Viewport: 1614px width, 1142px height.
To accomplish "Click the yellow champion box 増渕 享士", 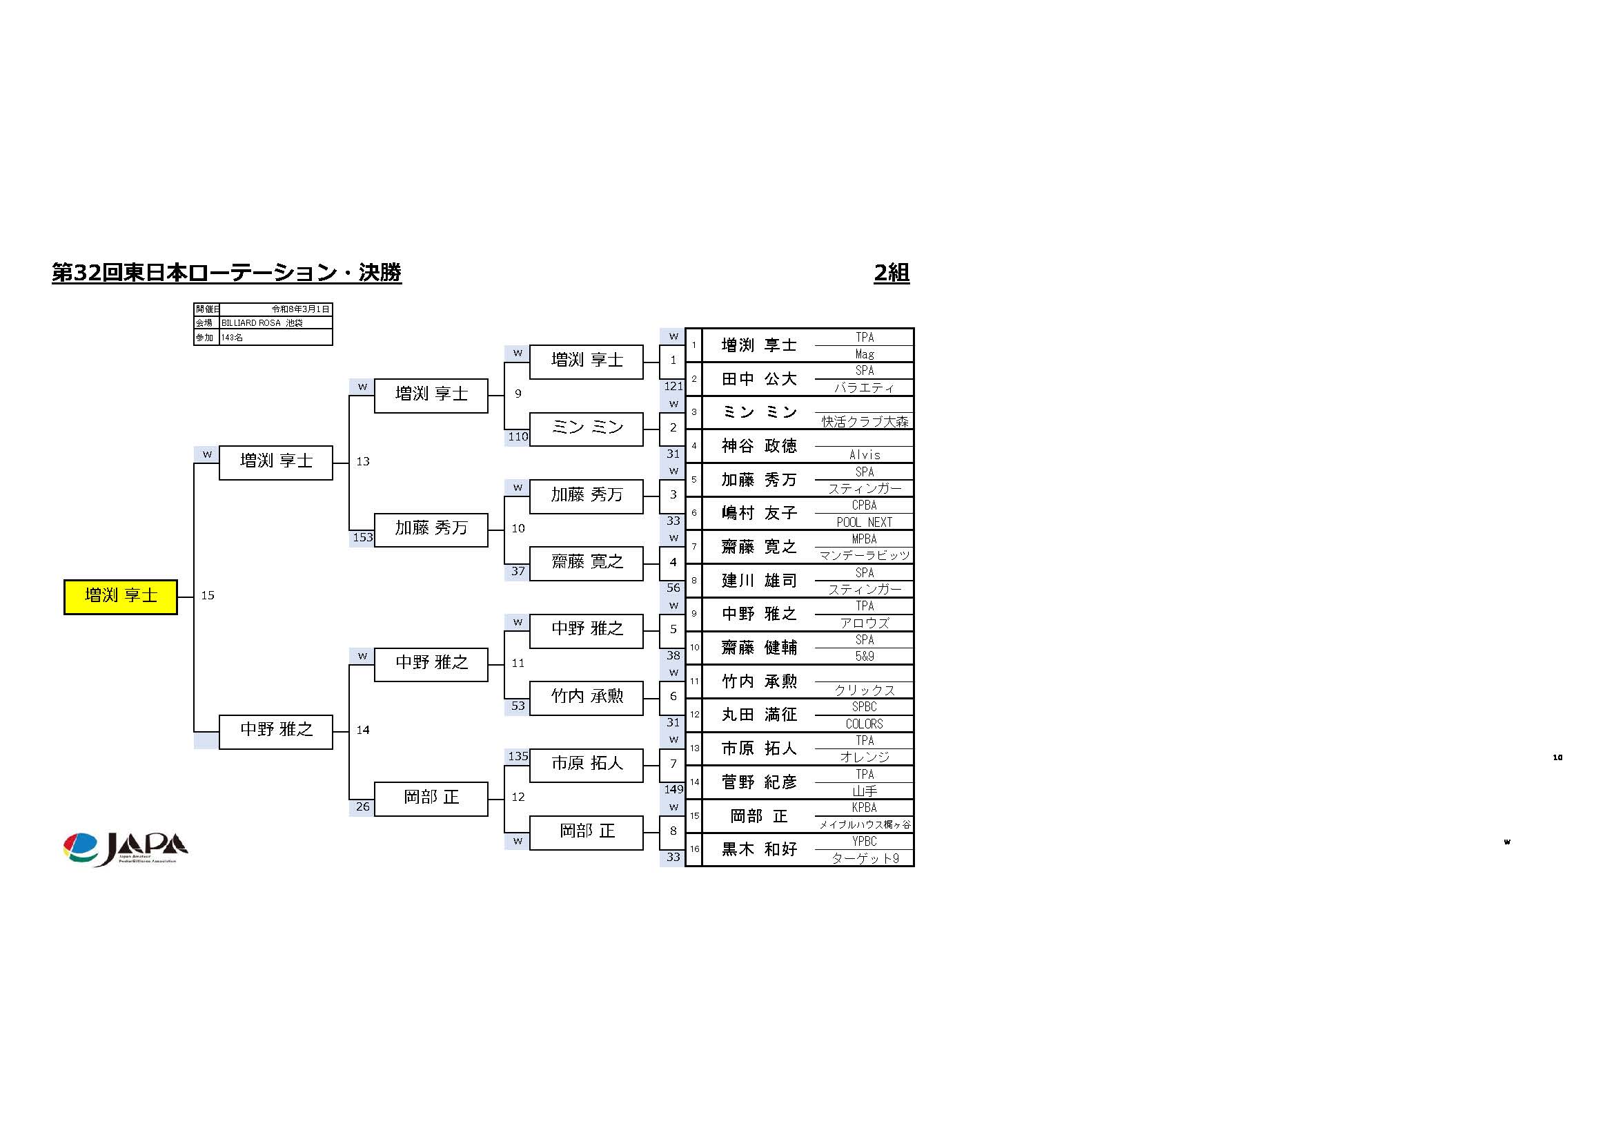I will point(120,597).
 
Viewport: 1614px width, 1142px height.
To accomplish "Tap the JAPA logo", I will point(125,849).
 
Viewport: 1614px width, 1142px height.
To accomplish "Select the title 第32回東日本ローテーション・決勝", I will point(226,273).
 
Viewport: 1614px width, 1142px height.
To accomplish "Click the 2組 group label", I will point(892,273).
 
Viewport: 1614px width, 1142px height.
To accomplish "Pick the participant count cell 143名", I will point(275,338).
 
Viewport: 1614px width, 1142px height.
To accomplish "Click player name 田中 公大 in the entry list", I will point(758,379).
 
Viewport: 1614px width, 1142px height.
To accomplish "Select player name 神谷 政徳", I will point(758,446).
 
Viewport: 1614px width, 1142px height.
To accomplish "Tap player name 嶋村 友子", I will point(758,513).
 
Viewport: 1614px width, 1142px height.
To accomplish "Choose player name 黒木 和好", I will point(758,849).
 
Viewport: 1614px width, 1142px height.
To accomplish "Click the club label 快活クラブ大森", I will point(865,421).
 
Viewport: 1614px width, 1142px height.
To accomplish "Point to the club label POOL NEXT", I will point(864,523).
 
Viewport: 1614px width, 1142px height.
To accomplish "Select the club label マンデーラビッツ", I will point(864,556).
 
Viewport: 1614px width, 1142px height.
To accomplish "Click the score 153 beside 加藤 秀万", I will point(362,537).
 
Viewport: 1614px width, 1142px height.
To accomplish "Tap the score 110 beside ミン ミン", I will point(518,436).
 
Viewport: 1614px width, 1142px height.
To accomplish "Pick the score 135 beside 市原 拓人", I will point(518,757).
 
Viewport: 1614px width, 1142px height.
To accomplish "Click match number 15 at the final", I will point(208,596).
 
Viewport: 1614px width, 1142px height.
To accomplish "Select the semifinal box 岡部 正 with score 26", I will point(430,797).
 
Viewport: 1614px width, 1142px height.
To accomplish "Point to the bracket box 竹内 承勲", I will point(587,697).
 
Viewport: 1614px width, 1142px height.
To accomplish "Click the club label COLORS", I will point(864,724).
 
